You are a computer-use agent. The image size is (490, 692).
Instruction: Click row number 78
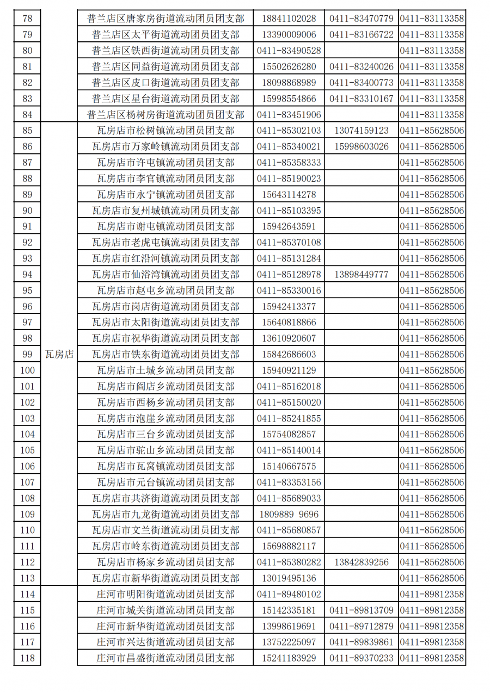point(27,18)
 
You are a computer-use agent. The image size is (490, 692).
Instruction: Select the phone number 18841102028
point(289,18)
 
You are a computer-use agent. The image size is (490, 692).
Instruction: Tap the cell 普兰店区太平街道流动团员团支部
point(166,35)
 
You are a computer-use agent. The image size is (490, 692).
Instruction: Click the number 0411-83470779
point(362,18)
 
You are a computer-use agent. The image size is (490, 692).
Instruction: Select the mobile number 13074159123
point(362,131)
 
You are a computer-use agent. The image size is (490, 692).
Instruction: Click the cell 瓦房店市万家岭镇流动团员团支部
point(166,146)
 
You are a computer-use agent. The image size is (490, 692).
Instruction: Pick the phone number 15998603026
point(362,146)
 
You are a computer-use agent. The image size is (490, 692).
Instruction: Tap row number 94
point(27,274)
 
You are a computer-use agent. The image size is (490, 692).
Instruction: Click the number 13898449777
point(362,274)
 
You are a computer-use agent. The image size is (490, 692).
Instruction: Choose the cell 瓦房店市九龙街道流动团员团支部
point(166,514)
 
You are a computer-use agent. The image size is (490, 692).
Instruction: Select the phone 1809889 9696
point(289,514)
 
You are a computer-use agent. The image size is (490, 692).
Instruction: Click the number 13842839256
point(362,562)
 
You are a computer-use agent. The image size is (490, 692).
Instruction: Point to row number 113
point(27,578)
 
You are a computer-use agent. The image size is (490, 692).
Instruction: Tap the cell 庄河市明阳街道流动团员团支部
point(166,594)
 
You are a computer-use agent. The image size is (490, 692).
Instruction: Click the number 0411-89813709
point(362,610)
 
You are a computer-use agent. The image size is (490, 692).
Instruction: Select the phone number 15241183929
point(289,658)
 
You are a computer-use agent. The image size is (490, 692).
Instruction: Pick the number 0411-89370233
point(362,658)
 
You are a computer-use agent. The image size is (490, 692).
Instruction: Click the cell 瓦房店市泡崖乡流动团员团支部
point(166,418)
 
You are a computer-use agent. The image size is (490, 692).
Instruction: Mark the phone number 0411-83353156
point(289,482)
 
